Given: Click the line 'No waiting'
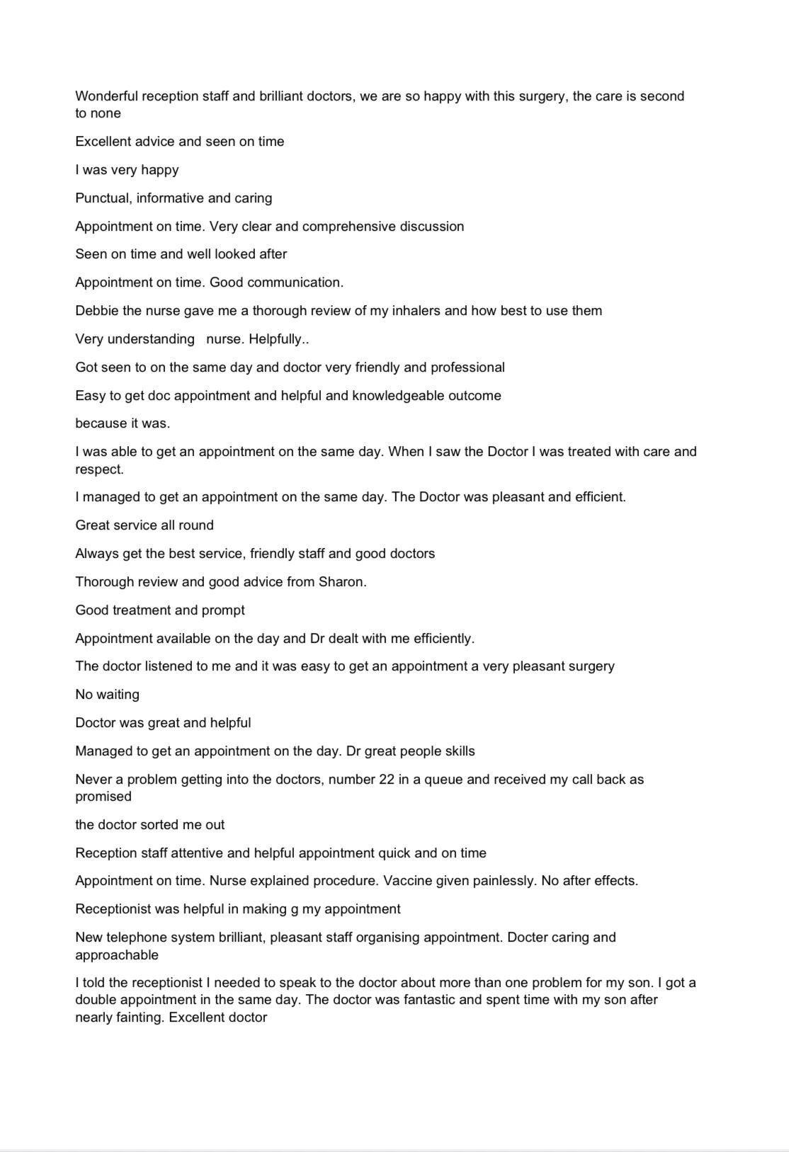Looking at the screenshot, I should [108, 695].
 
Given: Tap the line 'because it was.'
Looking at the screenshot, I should [123, 423].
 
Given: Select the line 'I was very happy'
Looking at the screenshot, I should [127, 170].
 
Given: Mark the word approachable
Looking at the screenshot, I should [117, 955].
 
